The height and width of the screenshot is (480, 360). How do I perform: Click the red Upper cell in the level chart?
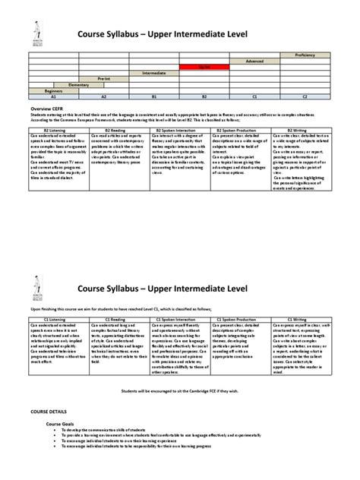tap(204, 67)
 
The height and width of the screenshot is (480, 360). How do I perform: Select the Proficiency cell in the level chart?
tap(305, 55)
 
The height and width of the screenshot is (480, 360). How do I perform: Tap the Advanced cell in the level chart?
tap(254, 61)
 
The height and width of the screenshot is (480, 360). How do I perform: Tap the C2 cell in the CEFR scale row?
tap(305, 97)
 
